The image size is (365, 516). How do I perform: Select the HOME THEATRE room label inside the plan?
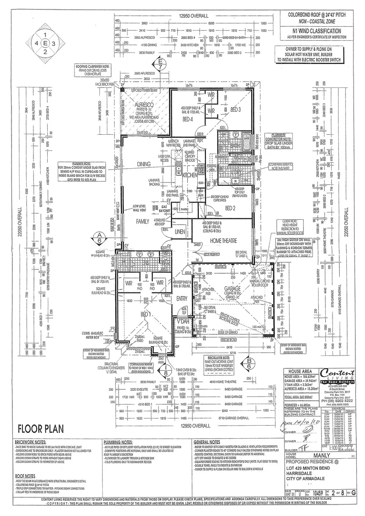point(222,242)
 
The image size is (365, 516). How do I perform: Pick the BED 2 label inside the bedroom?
point(231,208)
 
